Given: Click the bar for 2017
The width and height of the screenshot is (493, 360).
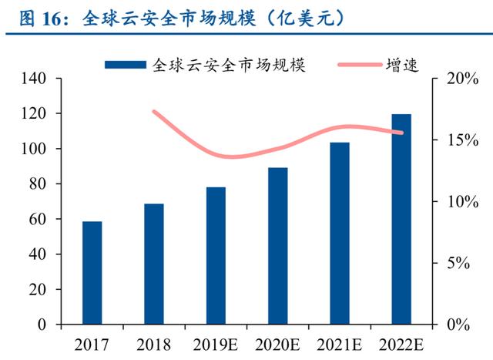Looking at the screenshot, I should tap(92, 272).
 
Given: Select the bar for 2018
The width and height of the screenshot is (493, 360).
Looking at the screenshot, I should tap(154, 264).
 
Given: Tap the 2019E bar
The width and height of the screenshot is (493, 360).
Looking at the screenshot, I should tap(216, 255).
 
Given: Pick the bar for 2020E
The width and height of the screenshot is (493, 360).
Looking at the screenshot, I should tap(277, 245).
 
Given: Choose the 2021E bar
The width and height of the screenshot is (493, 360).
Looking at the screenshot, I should tap(339, 233).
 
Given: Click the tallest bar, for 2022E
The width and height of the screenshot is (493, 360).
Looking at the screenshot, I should tap(401, 219).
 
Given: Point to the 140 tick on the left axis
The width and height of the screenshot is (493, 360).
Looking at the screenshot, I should tap(37, 79).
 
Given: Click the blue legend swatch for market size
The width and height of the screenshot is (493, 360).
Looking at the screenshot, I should tap(125, 65).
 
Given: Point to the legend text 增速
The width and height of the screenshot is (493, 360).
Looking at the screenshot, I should tap(401, 65).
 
